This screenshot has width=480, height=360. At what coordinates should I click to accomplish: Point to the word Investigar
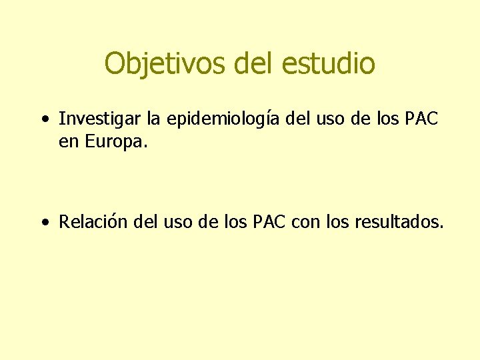[100, 119]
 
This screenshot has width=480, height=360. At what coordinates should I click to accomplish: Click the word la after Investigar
[154, 119]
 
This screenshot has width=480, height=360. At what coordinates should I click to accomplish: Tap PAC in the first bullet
[421, 119]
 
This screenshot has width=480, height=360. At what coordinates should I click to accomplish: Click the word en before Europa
[69, 142]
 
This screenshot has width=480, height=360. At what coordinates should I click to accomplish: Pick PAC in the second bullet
[269, 221]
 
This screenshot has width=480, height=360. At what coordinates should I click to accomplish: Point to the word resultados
[400, 221]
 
